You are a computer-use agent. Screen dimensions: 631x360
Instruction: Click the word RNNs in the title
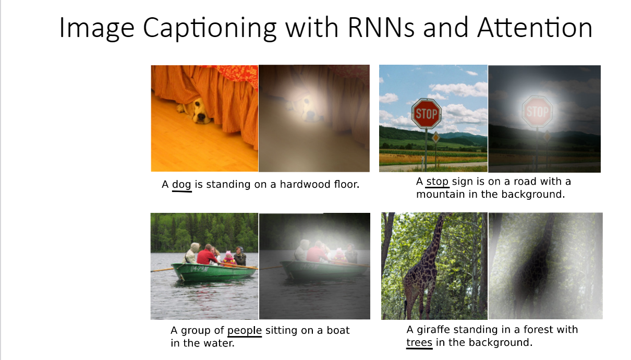[381, 28]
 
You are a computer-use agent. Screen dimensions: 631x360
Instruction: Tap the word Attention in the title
[535, 28]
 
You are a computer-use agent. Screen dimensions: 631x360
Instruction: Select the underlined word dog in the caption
[181, 185]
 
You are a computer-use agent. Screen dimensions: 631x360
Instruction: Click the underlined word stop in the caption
[437, 182]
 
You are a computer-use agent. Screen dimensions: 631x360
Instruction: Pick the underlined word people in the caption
[245, 331]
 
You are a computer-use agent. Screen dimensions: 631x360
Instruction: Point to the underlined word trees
[419, 343]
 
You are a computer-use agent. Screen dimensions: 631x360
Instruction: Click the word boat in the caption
[338, 330]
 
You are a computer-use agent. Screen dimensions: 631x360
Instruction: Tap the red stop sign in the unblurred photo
[427, 114]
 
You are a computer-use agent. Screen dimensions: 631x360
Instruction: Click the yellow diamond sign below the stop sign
[436, 138]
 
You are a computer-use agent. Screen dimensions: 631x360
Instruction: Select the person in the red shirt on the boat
[207, 255]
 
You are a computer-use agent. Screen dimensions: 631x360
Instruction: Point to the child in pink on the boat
[228, 258]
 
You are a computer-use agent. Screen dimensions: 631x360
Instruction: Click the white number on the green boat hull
[199, 269]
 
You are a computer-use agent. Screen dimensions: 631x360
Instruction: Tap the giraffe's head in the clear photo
[444, 215]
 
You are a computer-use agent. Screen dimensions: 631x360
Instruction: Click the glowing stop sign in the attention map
[538, 111]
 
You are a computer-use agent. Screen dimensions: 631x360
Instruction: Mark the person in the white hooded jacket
[191, 253]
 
